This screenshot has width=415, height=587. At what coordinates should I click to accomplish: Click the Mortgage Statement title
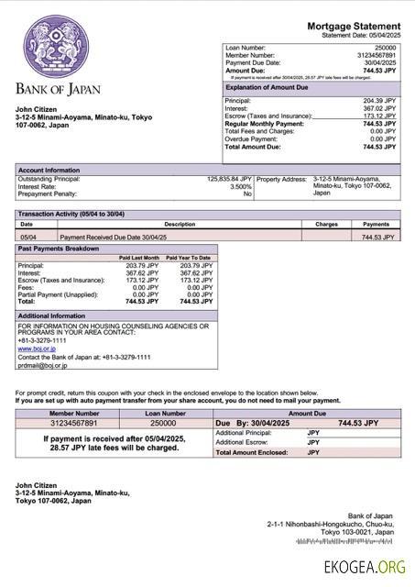[x=353, y=26]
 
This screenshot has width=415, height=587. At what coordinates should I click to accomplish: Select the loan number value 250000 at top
[x=386, y=47]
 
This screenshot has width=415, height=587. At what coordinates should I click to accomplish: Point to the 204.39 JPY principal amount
[x=379, y=101]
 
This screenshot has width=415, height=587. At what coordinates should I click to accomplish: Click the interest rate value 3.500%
[x=241, y=186]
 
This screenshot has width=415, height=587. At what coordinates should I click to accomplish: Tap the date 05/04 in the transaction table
[x=28, y=237]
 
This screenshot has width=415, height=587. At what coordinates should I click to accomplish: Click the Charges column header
[x=326, y=224]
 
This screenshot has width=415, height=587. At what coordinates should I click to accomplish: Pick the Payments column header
[x=376, y=224]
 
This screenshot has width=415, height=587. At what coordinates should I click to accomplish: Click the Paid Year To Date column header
[x=188, y=258]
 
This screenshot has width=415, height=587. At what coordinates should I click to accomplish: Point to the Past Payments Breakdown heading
[x=58, y=249]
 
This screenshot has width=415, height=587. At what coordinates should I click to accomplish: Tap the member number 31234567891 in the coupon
[x=74, y=423]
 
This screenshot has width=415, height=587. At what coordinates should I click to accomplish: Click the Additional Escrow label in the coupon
[x=240, y=442]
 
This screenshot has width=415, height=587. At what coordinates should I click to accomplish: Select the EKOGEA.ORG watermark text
[x=364, y=568]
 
